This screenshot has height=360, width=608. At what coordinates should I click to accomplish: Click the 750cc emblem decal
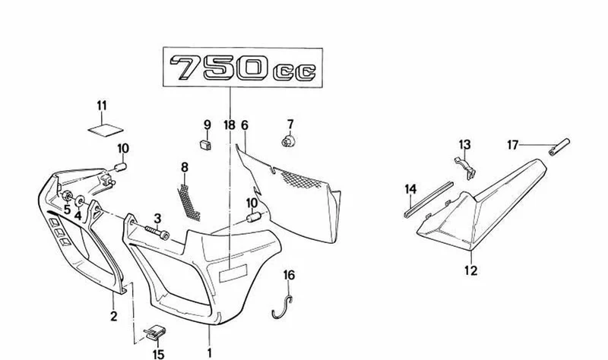242,68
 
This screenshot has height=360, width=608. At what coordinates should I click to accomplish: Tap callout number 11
102,106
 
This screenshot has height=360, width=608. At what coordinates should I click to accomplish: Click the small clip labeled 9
206,145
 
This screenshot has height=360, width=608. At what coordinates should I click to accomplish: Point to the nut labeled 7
287,141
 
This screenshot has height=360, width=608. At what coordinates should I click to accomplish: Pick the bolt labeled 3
157,232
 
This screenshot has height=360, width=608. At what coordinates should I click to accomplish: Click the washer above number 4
80,201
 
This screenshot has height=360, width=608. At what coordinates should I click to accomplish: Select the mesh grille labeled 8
188,203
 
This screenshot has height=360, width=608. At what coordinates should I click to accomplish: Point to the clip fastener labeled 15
155,333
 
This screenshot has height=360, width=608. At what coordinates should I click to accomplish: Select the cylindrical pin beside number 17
559,147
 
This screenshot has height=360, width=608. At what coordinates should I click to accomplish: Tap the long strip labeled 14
428,199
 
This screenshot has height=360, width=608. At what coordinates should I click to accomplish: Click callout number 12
471,270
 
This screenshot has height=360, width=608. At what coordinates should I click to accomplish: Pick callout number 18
230,125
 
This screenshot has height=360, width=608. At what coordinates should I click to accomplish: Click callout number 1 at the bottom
210,353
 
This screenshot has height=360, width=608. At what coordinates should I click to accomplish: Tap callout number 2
113,316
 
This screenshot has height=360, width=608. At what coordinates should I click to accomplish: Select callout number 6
244,125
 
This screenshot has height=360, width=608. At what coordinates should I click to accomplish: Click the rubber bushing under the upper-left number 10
121,167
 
